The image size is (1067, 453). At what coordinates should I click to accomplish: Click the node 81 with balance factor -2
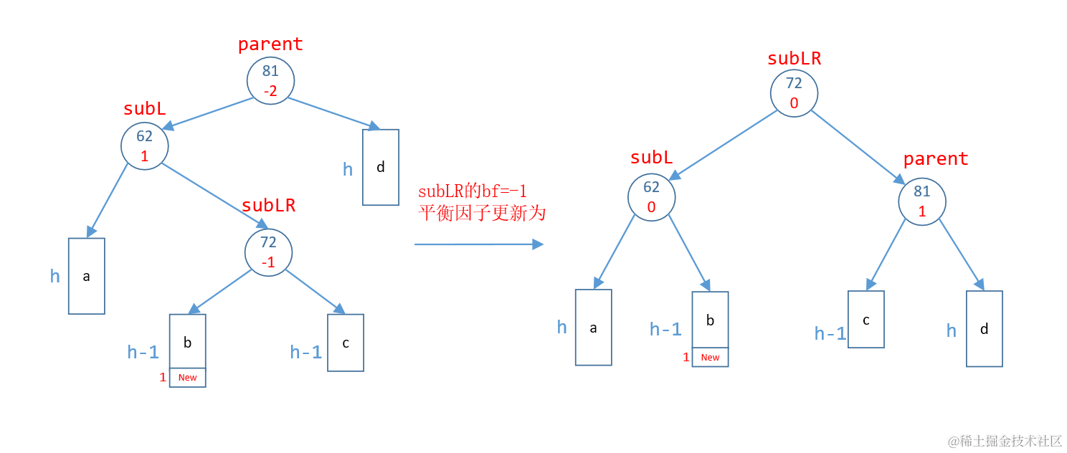point(270,80)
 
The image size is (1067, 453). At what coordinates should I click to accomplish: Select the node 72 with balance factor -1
point(268,252)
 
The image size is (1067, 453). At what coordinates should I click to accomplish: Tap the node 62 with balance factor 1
point(145,146)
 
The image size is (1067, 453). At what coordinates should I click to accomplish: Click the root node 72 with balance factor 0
point(794,93)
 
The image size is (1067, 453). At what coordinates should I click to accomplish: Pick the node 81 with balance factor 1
point(922,201)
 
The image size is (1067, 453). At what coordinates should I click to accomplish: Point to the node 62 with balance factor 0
point(651,197)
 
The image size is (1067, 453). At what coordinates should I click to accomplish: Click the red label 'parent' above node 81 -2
point(270,44)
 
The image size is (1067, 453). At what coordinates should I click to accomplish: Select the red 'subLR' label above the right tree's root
point(794,59)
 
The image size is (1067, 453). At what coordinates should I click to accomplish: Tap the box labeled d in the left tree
point(381,167)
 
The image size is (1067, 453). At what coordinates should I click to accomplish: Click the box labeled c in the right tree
point(866,320)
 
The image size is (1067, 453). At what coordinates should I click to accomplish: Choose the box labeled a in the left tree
point(87,276)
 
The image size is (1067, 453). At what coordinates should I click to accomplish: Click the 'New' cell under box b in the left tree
point(188,378)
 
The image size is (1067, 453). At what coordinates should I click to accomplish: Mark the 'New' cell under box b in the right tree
point(710,357)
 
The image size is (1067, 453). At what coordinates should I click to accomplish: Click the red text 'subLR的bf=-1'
point(473,191)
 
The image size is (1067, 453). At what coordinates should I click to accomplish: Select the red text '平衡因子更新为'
point(481,213)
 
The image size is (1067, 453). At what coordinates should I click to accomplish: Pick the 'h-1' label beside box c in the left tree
point(305,352)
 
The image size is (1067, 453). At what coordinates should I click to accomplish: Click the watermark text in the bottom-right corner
point(1005,441)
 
